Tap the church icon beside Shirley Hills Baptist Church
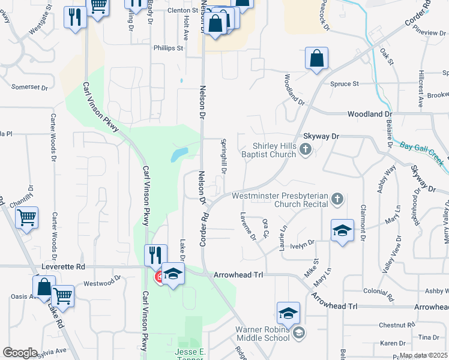[306, 149]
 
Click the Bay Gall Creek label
[421, 151]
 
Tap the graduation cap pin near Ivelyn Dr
[342, 231]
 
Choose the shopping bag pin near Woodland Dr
[316, 59]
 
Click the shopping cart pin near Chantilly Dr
[26, 218]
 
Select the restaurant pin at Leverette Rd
[155, 256]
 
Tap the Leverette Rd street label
[64, 266]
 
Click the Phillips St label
[168, 48]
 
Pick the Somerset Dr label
[29, 88]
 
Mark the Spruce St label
[347, 84]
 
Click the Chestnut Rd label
[397, 325]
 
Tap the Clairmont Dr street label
[363, 222]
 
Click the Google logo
[20, 353]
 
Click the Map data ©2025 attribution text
[424, 355]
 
